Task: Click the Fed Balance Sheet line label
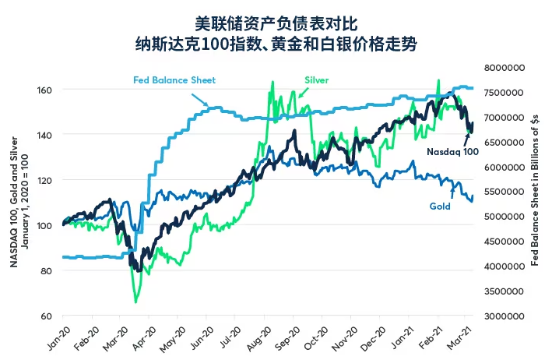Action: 174,79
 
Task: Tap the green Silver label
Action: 316,79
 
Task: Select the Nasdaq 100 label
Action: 452,151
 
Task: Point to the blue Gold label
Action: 441,206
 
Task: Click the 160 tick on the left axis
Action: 45,90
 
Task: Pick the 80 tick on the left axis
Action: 47,270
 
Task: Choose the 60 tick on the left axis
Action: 47,316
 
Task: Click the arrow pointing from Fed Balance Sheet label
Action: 197,99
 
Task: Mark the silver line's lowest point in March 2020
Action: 135,302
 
